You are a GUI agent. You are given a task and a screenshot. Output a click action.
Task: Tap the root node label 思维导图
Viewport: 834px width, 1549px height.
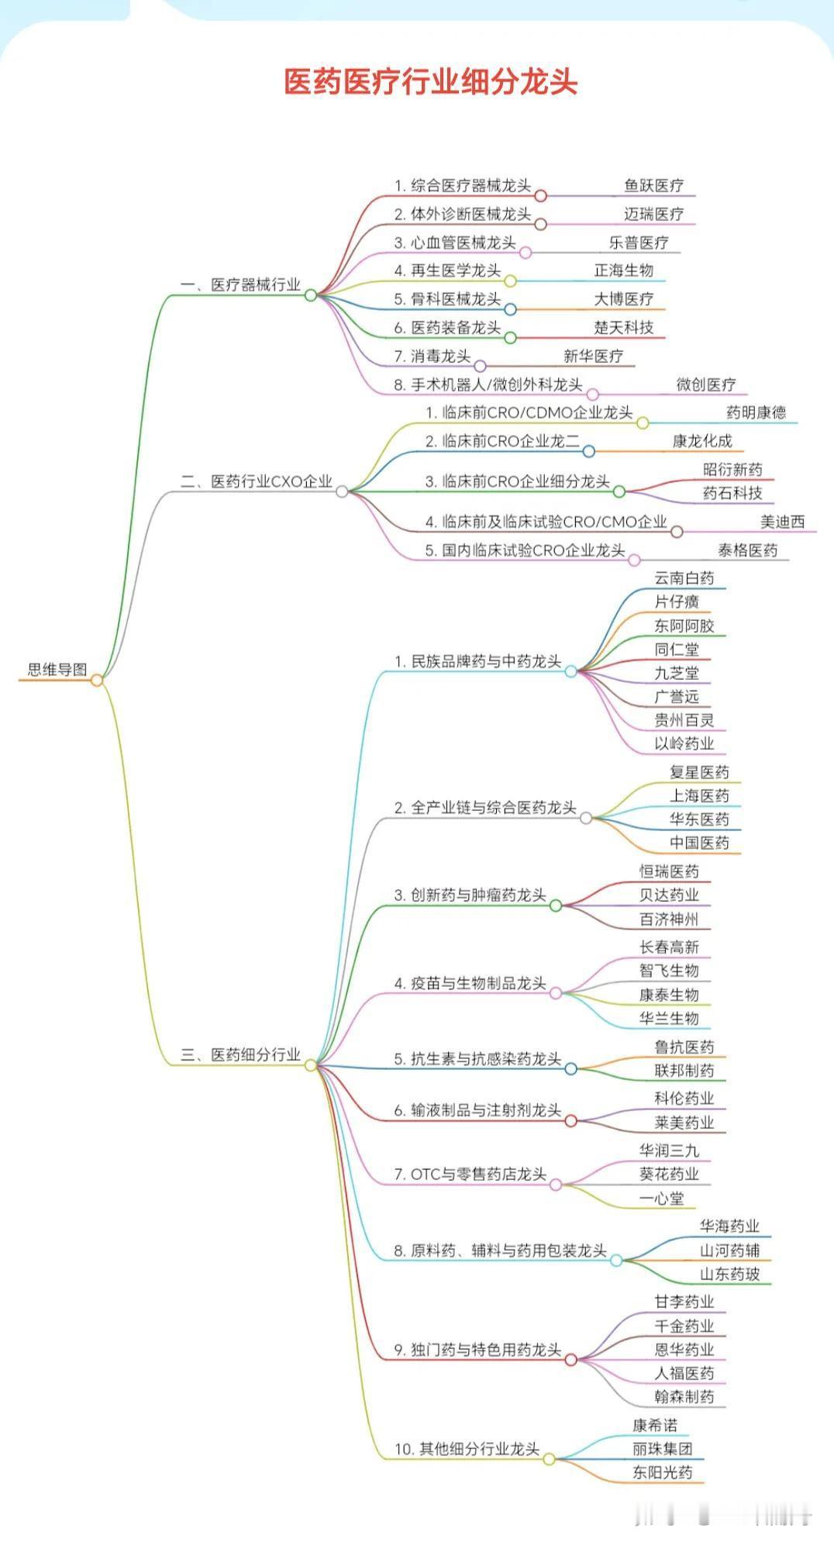57,670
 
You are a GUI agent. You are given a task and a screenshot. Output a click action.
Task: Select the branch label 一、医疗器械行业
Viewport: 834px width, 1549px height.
240,285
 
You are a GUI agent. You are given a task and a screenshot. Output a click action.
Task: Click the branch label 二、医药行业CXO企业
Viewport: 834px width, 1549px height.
256,481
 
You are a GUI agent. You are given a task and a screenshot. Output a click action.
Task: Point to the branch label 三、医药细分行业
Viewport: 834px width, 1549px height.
240,1055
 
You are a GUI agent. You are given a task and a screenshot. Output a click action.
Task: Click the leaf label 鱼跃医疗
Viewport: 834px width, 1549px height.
654,186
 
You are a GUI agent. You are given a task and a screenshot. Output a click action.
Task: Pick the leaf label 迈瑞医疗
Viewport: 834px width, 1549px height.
654,214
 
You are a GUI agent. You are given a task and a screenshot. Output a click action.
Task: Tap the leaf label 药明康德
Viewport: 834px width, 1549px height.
756,413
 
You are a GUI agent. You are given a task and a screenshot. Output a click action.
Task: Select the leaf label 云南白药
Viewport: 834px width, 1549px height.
684,578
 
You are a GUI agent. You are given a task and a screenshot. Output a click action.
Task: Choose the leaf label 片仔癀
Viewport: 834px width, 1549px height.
677,602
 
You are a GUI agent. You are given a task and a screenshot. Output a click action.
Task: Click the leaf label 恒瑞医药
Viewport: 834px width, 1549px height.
669,871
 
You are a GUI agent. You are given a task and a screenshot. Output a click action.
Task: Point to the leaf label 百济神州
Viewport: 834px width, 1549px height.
669,919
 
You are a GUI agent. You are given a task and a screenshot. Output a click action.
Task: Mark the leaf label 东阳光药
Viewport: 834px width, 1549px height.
662,1473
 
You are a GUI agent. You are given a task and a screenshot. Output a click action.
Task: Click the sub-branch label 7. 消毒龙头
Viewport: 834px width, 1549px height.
432,357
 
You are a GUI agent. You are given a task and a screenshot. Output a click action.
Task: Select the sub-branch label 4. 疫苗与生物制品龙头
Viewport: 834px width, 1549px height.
470,984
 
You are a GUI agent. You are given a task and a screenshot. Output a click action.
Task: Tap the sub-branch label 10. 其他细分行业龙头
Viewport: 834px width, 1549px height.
467,1449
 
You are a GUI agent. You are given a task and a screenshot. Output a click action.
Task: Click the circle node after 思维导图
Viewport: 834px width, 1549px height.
97,681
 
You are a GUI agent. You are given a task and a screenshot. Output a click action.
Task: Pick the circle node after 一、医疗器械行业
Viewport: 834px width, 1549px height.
311,295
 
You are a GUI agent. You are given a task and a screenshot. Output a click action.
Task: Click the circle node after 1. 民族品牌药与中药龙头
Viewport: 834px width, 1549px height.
571,671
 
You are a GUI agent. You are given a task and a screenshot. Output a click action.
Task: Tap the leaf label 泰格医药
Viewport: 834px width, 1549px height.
747,550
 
